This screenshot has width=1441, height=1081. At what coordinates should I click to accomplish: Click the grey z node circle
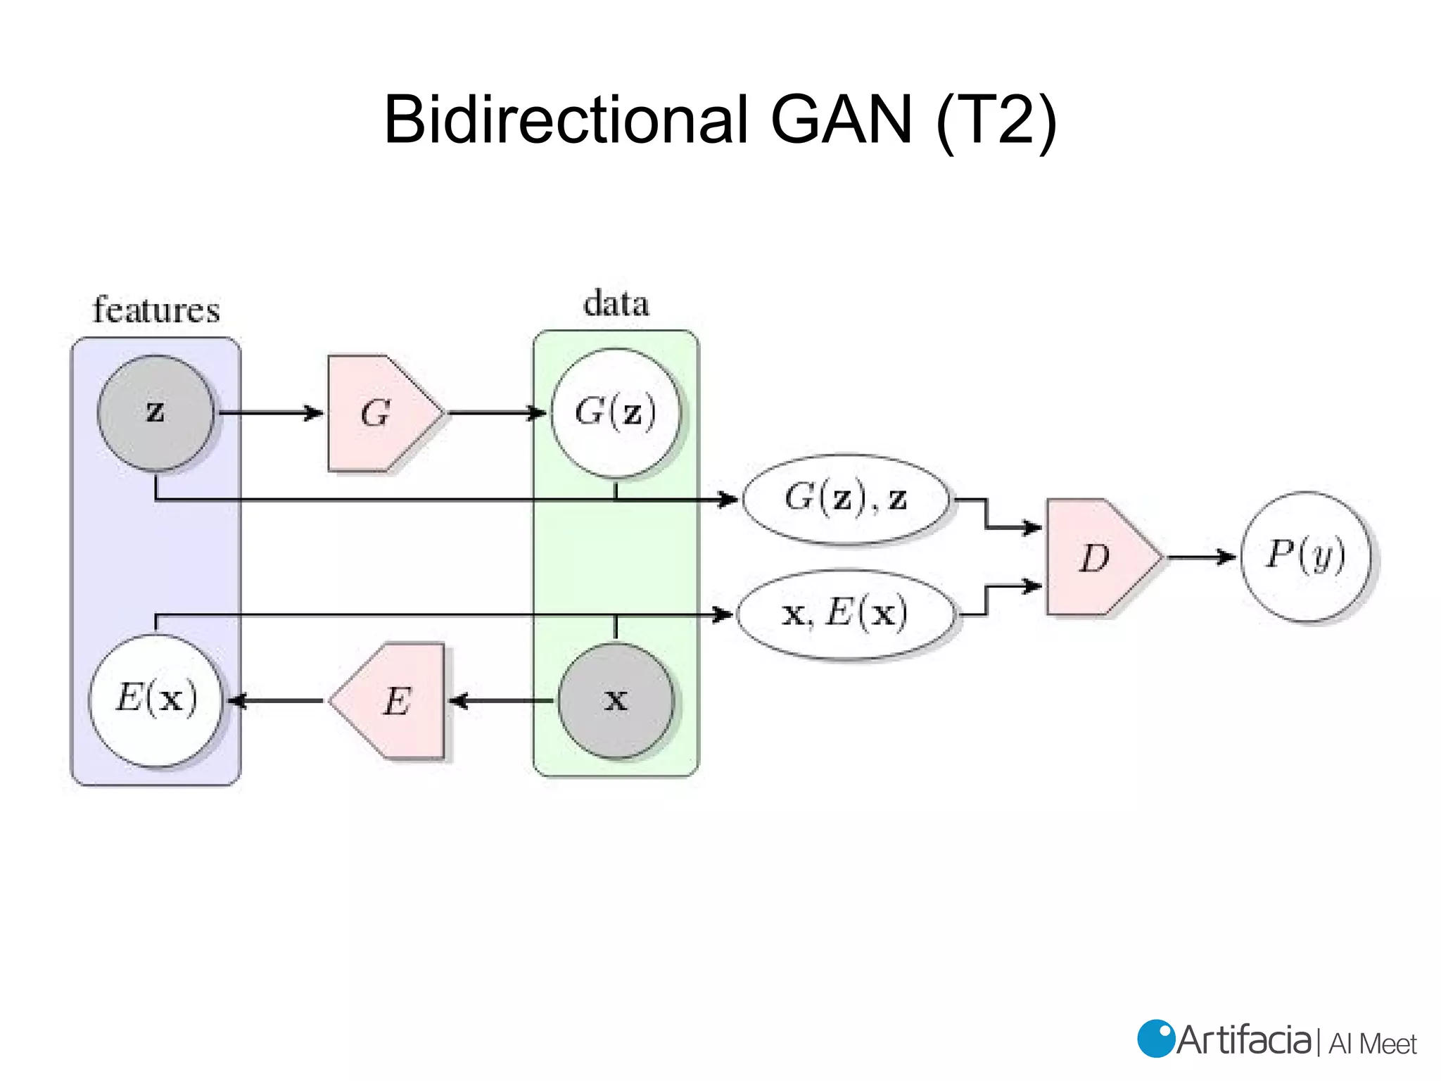[x=155, y=413]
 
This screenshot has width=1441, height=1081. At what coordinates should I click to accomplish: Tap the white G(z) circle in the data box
[x=616, y=413]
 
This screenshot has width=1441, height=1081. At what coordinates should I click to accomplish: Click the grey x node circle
[x=616, y=700]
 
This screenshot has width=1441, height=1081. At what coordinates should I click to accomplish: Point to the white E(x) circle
[x=155, y=700]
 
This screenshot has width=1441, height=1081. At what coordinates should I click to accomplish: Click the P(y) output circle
[x=1305, y=556]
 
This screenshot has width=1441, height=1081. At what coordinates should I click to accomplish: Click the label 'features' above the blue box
[x=156, y=310]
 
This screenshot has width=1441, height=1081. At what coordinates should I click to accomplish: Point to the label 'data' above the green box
[x=616, y=304]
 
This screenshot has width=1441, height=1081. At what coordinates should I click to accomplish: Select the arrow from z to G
[x=271, y=413]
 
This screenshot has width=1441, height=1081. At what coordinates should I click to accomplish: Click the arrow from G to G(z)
[x=497, y=413]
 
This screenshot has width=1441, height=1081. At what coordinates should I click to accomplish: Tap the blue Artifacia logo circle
[x=1155, y=1039]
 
